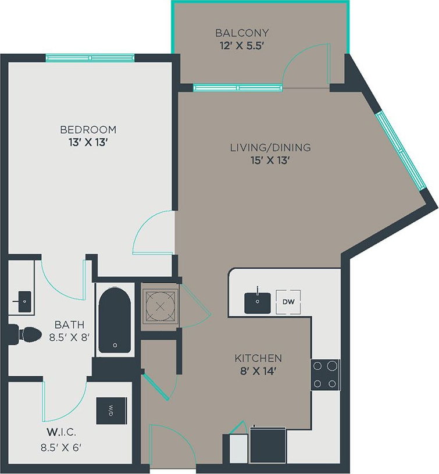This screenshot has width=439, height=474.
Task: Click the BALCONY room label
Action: click(242, 33)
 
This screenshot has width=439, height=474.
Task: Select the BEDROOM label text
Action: click(88, 129)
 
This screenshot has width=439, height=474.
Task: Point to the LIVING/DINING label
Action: click(270, 147)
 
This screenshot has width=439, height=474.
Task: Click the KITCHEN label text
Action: click(258, 358)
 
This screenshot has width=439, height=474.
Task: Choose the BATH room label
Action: click(70, 325)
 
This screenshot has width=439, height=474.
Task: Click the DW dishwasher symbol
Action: click(288, 302)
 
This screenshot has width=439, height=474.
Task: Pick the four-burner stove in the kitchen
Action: click(326, 375)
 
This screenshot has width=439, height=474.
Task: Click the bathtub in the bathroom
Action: click(115, 319)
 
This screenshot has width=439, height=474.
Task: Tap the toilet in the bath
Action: click(25, 334)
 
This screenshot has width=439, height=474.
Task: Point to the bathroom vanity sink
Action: click(22, 301)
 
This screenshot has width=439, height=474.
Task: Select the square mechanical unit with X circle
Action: click(159, 304)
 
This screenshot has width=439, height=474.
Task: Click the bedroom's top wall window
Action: click(90, 58)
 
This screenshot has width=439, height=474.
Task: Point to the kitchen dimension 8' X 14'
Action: click(258, 370)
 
